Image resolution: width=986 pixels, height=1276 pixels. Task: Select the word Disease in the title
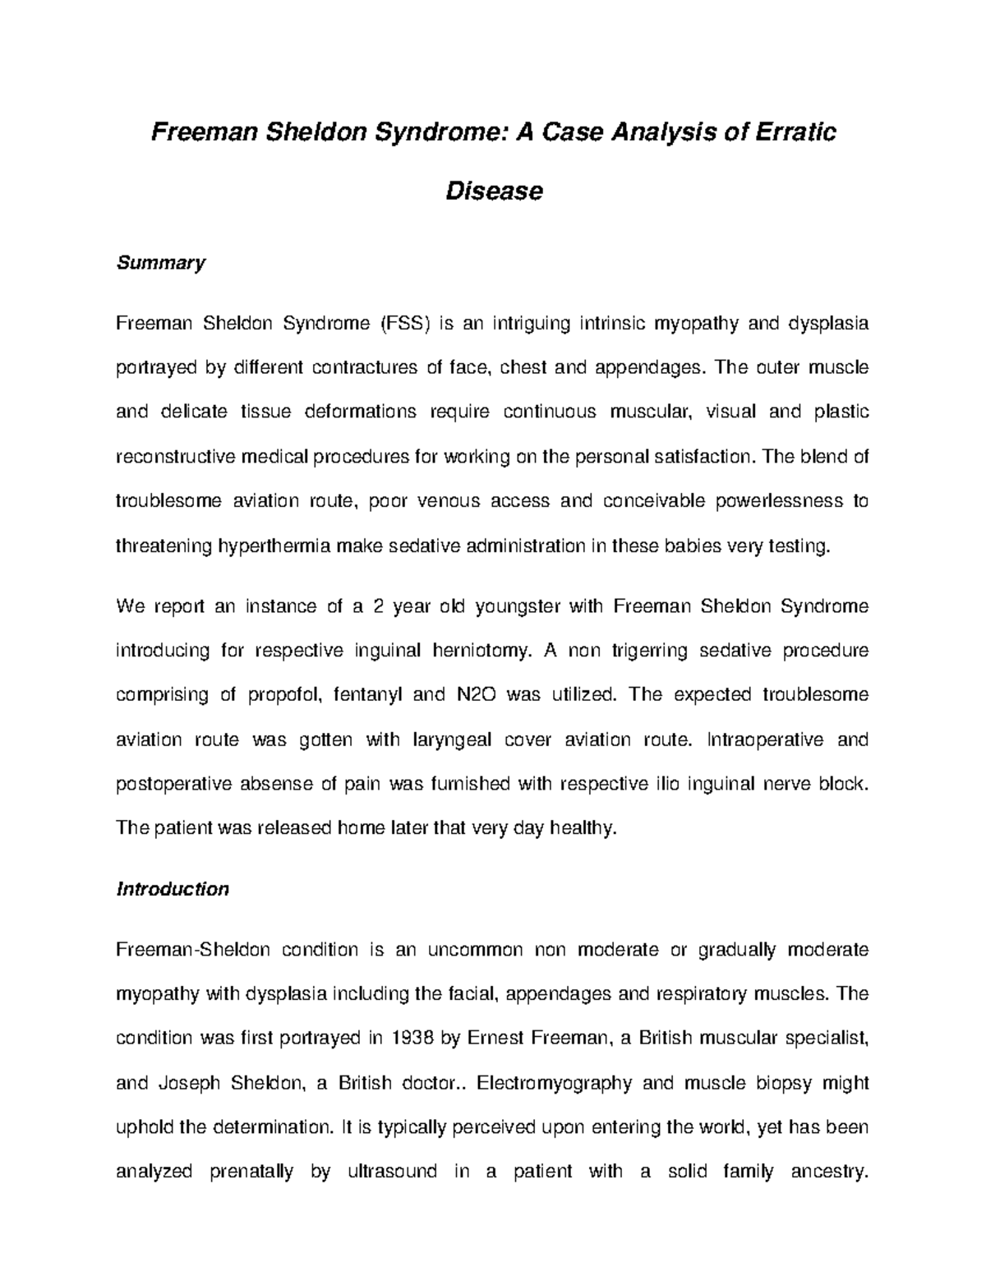tap(493, 191)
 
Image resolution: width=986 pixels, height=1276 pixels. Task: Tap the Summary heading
tap(160, 263)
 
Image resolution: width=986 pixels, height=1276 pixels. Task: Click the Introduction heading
tap(173, 889)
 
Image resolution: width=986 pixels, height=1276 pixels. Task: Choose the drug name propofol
tap(284, 695)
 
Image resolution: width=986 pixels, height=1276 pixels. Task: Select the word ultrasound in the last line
tap(393, 1172)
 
